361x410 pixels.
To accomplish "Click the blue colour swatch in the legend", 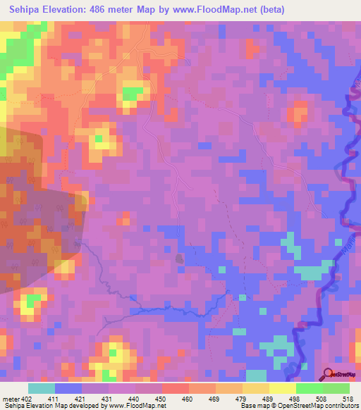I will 68,388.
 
